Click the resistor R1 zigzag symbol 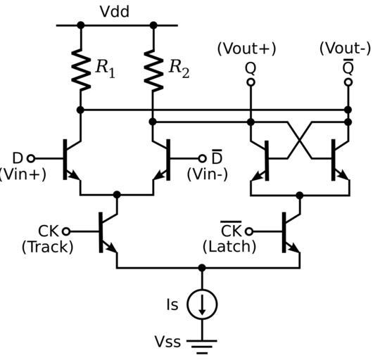click(81, 70)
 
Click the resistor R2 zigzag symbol click(153, 70)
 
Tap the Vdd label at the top click(115, 11)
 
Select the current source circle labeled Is click(202, 304)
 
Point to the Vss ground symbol click(202, 347)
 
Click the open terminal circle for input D click(31, 159)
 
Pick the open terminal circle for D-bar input click(202, 159)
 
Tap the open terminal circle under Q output click(251, 82)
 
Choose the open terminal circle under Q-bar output click(348, 82)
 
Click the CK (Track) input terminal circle click(66, 231)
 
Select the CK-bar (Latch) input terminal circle click(249, 231)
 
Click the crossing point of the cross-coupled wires click(300, 141)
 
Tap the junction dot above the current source click(202, 268)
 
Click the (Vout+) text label click(246, 49)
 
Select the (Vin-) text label click(208, 174)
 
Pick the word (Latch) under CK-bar click(229, 247)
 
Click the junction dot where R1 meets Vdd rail click(81, 25)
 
